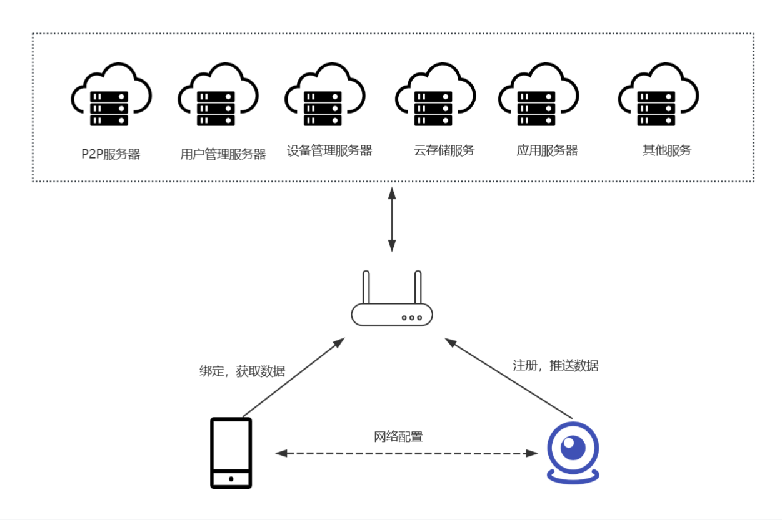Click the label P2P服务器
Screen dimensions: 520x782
click(111, 154)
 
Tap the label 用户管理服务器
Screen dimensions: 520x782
click(223, 154)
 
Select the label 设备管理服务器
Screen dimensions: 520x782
click(329, 150)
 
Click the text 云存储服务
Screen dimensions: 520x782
click(444, 150)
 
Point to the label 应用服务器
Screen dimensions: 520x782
click(547, 150)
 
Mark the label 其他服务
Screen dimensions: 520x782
click(667, 150)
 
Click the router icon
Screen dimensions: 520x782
click(392, 306)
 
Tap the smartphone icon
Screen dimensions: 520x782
click(231, 453)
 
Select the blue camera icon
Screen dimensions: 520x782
click(573, 453)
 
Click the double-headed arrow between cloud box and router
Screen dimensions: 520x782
click(392, 218)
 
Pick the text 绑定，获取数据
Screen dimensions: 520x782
click(242, 371)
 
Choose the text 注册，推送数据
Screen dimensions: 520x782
click(555, 366)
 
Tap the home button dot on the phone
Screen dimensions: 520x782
click(231, 479)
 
